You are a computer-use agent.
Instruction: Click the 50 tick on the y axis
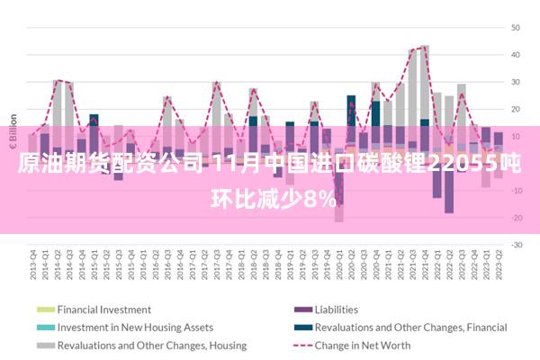(x=517, y=28)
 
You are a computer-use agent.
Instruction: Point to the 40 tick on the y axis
(x=517, y=55)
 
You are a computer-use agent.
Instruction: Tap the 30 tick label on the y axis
(x=517, y=82)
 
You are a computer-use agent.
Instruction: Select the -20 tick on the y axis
(x=516, y=217)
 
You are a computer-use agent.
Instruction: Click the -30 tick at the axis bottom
(x=516, y=244)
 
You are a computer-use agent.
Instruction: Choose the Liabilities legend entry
(x=336, y=310)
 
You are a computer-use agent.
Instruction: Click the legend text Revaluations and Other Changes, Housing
(x=151, y=346)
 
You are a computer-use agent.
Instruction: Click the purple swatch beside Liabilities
(x=301, y=310)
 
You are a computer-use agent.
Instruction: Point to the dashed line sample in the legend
(x=301, y=346)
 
